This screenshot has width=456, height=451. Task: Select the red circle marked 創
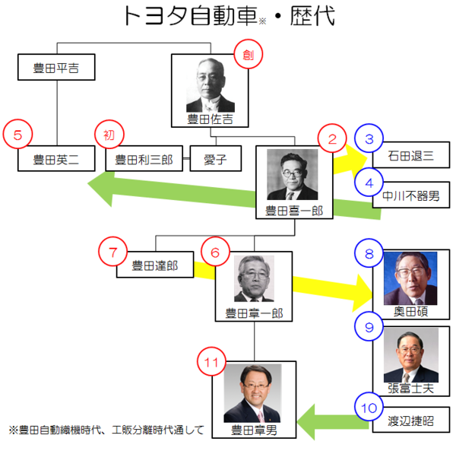click(246, 54)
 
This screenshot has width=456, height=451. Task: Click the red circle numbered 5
click(17, 136)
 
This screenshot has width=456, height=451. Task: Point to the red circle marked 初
click(109, 136)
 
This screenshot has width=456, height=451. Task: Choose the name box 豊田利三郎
click(144, 160)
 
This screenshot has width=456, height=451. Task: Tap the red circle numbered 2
click(333, 139)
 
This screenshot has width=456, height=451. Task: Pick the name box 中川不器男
click(411, 195)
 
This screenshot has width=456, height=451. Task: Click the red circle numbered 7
click(114, 250)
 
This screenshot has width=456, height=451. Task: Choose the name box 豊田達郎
click(155, 265)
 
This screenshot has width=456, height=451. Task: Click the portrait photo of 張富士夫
click(410, 356)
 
